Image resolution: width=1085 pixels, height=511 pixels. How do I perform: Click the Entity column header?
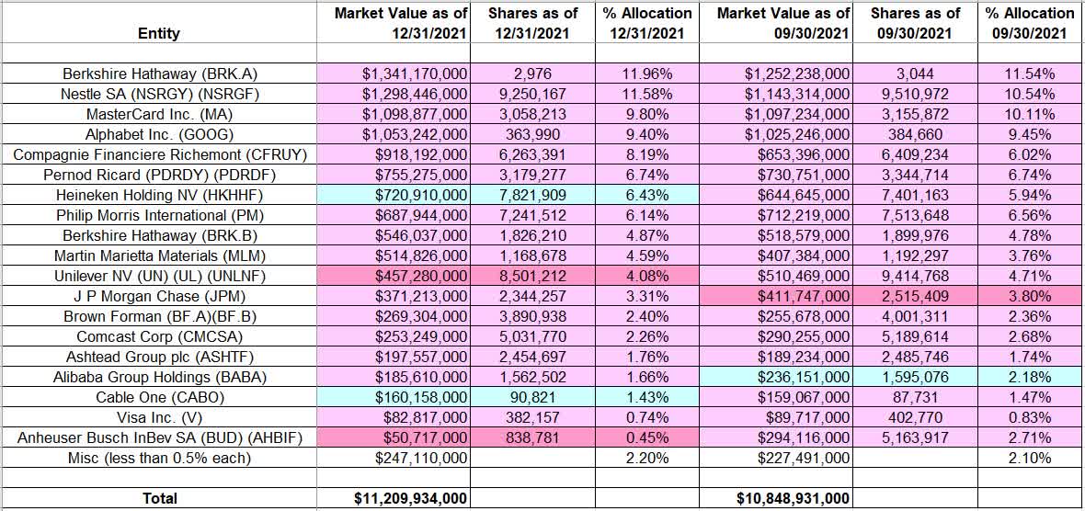[159, 34]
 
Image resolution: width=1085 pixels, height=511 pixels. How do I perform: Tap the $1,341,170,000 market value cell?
[405, 74]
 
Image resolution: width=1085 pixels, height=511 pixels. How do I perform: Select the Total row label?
[159, 498]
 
